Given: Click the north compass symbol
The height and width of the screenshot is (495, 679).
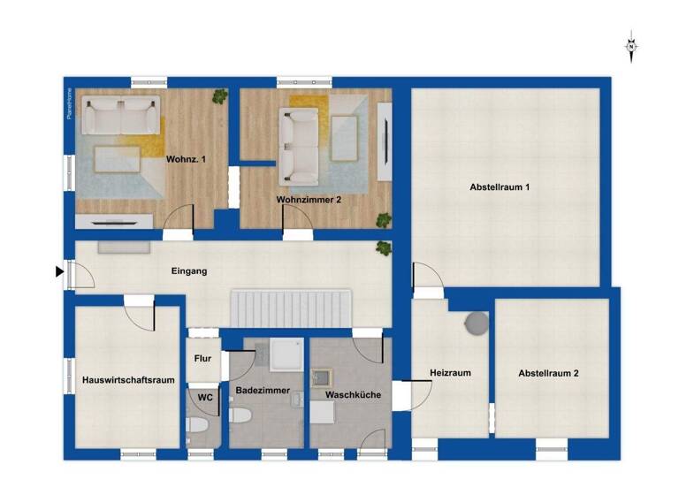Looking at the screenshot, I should click(631, 48).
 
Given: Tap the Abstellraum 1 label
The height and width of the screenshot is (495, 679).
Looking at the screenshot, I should click(500, 187).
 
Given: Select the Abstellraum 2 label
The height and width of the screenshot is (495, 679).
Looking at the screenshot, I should click(548, 374).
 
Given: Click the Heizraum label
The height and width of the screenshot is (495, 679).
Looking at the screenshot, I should click(450, 373).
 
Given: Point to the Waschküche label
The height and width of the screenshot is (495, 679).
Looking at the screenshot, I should click(353, 395).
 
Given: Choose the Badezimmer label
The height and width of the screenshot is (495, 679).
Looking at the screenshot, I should click(263, 390).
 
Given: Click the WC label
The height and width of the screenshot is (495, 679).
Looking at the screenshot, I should click(205, 398).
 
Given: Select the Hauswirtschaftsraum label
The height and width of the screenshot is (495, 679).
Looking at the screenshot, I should click(128, 380).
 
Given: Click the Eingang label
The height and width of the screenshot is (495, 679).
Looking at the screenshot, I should click(189, 270).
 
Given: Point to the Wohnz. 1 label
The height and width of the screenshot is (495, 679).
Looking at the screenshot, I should click(186, 159).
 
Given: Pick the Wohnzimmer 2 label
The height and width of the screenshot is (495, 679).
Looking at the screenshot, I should click(309, 201).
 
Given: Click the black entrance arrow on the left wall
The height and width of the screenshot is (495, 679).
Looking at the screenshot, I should click(60, 271).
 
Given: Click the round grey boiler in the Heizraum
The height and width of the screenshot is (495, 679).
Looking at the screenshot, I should click(477, 323).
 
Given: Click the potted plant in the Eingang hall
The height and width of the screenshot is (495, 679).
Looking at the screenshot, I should click(383, 248).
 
